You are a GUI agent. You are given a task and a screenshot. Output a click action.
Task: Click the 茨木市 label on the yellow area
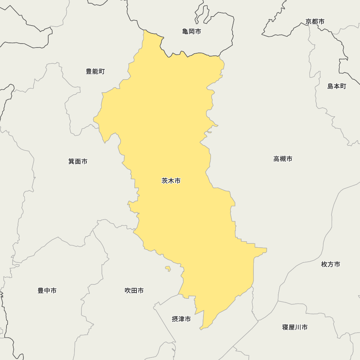[x=171, y=181]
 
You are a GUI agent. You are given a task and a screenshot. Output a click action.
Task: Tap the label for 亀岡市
[x=192, y=32]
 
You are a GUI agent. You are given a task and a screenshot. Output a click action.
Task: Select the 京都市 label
[x=315, y=22]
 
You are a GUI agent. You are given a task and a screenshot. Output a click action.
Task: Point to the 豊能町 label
[x=95, y=71]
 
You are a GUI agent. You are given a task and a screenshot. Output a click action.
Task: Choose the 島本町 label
[x=337, y=86]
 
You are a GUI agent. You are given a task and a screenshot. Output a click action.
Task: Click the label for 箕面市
[x=78, y=161]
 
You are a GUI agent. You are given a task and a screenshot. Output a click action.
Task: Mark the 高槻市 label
[x=283, y=159]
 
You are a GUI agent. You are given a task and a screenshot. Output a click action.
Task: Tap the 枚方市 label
[x=330, y=264]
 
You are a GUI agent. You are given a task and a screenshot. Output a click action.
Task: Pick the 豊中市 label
[x=47, y=291]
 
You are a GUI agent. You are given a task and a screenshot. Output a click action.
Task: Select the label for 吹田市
[x=134, y=291]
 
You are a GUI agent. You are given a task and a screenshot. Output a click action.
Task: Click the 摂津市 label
[x=181, y=319]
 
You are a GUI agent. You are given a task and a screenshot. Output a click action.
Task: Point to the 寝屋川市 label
[x=295, y=327]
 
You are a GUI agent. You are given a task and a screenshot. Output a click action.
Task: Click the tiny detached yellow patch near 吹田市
[x=168, y=268]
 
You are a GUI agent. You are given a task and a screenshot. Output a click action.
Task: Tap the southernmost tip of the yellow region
[x=201, y=329]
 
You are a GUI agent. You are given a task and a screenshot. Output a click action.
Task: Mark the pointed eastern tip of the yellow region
[x=266, y=249]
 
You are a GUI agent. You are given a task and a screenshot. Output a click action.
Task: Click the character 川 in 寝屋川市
[x=298, y=327]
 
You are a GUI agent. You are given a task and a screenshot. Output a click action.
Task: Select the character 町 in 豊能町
[x=102, y=71]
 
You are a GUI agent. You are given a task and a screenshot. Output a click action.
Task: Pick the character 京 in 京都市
[x=309, y=22]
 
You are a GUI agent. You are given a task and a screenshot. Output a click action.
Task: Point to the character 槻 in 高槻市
[x=283, y=159]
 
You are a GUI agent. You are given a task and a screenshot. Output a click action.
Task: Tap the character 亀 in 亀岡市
[x=185, y=32]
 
